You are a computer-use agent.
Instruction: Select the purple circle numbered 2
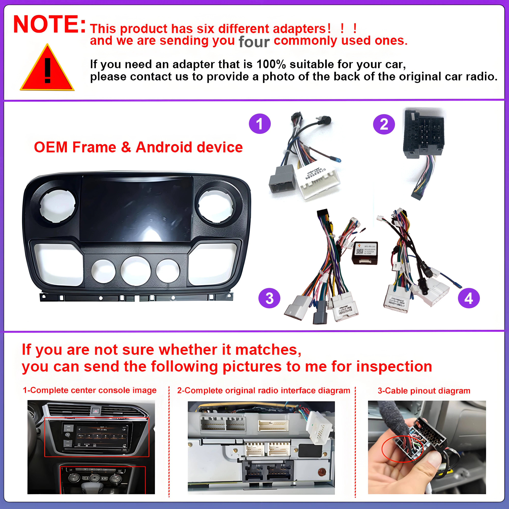[384, 124]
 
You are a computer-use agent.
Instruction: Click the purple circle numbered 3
[269, 298]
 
